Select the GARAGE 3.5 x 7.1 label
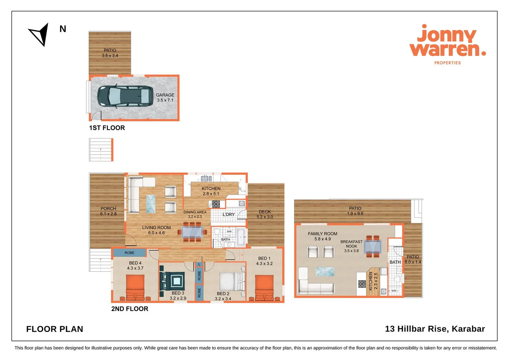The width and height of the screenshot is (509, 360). click(165, 98)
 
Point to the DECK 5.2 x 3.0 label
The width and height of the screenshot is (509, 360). click(265, 214)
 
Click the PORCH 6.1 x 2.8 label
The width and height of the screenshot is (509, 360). click(108, 211)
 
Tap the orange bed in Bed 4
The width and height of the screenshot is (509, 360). click(135, 288)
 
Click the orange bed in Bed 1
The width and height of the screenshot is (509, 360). click(264, 288)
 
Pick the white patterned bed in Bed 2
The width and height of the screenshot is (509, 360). click(232, 282)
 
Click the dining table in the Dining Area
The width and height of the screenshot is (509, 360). click(192, 232)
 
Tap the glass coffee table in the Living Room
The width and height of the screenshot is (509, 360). click(151, 204)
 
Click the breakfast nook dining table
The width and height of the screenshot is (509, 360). click(373, 247)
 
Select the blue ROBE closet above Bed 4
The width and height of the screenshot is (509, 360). click(129, 253)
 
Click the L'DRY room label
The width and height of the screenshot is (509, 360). click(229, 214)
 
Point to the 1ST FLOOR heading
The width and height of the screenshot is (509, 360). click(107, 128)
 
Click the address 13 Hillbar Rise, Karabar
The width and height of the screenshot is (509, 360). click(435, 329)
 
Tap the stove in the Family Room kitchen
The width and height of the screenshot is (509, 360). click(362, 284)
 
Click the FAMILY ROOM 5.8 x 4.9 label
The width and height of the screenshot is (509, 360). click(322, 236)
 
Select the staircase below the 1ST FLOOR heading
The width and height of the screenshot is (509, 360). click(101, 150)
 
